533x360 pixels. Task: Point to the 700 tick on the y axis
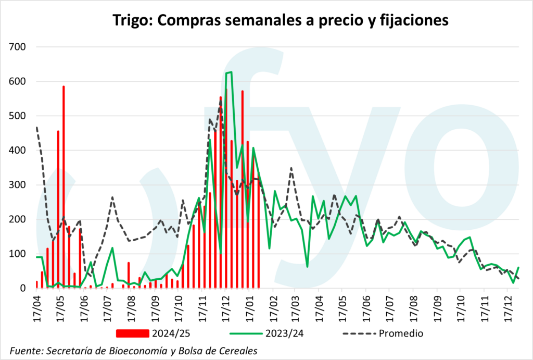[20, 47]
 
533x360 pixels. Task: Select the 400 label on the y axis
[20, 150]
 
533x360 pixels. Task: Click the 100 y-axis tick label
[20, 253]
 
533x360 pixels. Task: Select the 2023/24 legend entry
[270, 332]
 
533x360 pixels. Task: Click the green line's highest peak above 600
[230, 72]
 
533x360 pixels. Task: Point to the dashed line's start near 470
[36, 127]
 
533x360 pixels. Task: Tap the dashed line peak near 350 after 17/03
[291, 168]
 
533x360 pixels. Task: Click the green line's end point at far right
[518, 267]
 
